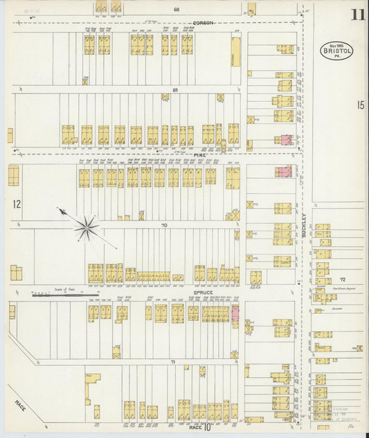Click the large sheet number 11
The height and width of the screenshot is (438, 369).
click(x=357, y=15)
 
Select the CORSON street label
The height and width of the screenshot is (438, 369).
click(x=204, y=23)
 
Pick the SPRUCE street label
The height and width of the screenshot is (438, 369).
click(x=203, y=293)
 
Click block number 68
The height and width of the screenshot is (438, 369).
click(x=177, y=10)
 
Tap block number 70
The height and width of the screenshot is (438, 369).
click(x=164, y=226)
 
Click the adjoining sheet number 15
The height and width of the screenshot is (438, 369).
click(x=360, y=105)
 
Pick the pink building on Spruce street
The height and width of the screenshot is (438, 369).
click(x=235, y=313)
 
